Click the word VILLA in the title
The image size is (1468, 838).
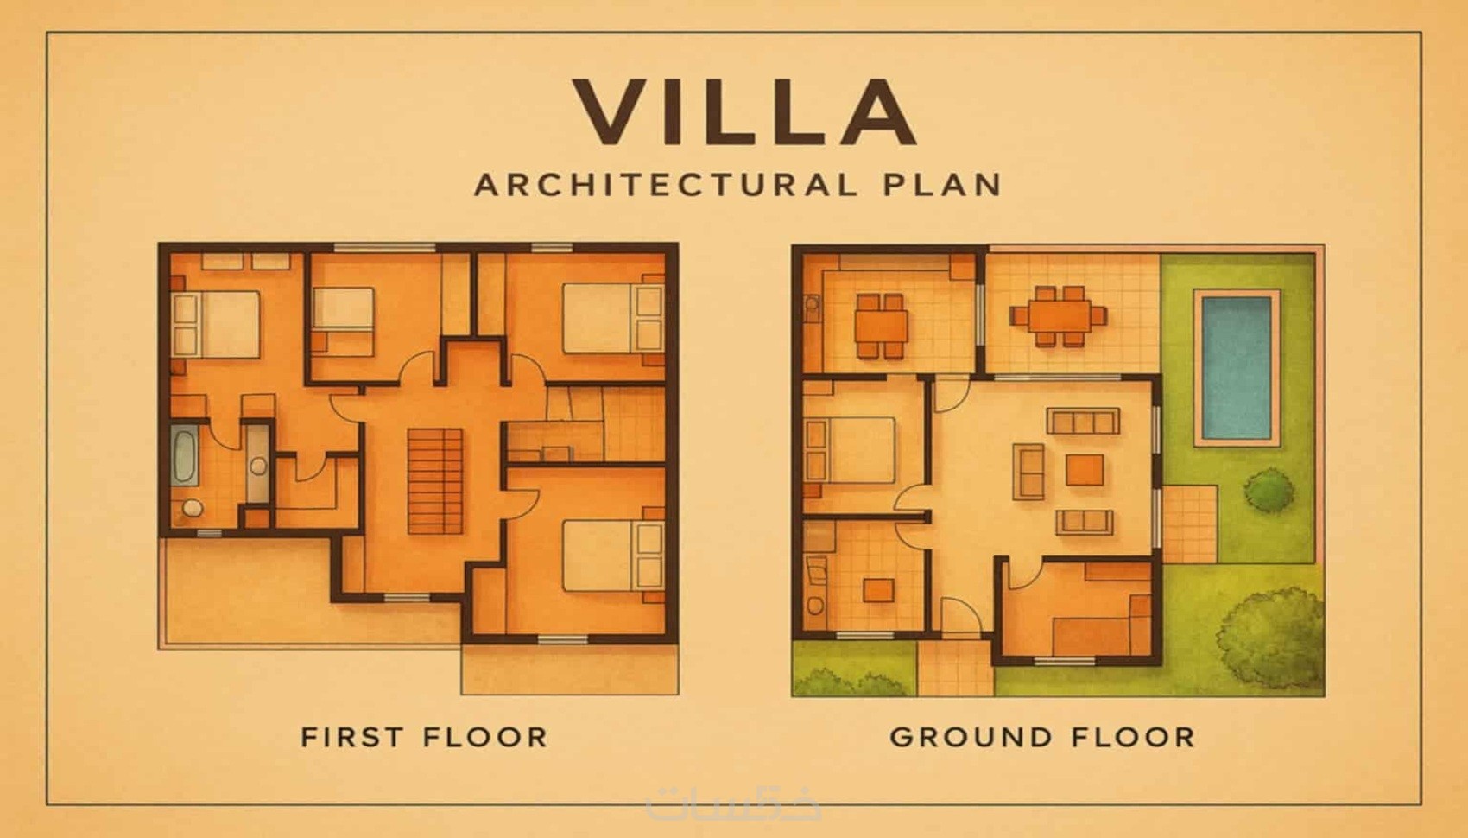tap(745, 112)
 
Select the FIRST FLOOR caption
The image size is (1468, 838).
tap(424, 737)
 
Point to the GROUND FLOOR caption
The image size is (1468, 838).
tap(1042, 737)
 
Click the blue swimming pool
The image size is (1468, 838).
tap(1237, 369)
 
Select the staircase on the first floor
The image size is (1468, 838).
tap(435, 482)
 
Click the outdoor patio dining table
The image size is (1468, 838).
tap(1059, 316)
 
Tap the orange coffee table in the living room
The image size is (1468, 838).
tap(1084, 470)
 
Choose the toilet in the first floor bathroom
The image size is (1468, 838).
tap(192, 508)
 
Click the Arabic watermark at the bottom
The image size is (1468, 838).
tap(733, 804)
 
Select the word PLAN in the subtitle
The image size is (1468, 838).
tap(942, 185)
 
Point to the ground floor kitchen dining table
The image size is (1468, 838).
tap(882, 326)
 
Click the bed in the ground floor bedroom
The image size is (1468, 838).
tap(850, 450)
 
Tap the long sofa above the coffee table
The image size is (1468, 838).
tap(1083, 421)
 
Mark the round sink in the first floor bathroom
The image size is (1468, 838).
tap(259, 467)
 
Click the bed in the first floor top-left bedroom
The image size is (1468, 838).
tap(216, 325)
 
